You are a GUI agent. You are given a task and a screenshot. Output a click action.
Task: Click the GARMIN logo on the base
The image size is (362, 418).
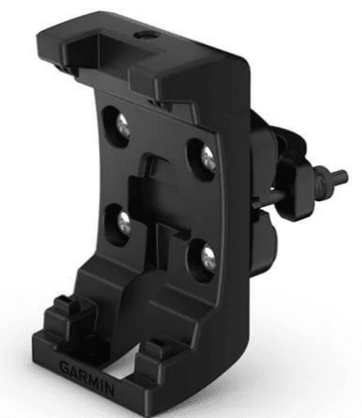(87, 377)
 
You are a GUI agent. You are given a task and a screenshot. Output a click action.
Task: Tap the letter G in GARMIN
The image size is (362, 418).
(65, 367)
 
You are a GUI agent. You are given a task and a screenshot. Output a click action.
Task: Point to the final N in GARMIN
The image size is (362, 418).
(109, 390)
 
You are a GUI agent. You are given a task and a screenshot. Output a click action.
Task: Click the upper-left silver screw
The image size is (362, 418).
(122, 126)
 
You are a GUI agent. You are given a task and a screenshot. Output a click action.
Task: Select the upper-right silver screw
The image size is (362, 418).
(208, 157)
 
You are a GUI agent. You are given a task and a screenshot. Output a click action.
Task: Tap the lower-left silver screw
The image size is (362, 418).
(124, 223)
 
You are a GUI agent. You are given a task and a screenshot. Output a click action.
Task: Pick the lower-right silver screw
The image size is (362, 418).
(209, 259)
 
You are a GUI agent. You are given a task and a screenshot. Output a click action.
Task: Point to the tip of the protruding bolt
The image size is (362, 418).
(345, 174)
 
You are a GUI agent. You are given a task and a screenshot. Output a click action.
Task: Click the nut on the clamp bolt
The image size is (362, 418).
(322, 178)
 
